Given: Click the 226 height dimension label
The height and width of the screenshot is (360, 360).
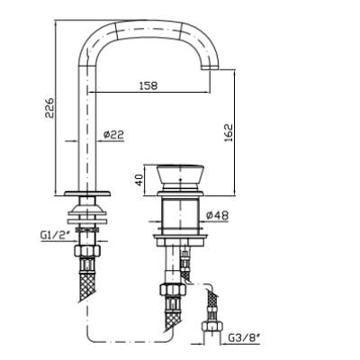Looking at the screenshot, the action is tap(49, 108).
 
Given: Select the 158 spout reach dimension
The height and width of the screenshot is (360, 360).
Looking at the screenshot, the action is tap(148, 85).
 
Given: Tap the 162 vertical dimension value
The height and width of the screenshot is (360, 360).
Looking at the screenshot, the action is tap(229, 133).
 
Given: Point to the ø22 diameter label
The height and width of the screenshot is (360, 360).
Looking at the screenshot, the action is tap(113, 135).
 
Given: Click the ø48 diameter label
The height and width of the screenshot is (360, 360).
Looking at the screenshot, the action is tap(218, 215).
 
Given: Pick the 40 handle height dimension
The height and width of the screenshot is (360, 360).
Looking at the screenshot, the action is tap(139, 180).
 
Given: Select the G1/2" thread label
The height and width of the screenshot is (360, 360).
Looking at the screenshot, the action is tap(55, 235).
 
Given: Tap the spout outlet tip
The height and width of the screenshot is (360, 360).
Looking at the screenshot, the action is tap(210, 68).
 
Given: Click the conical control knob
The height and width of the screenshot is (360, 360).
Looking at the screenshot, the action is tap(180, 175).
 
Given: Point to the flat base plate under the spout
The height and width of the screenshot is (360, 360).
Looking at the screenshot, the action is tap(87, 193).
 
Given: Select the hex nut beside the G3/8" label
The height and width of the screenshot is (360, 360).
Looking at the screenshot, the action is tap(211, 326).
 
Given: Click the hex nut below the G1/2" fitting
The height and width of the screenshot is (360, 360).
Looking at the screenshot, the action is tap(87, 250).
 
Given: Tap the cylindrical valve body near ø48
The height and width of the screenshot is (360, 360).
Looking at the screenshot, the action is tap(180, 216).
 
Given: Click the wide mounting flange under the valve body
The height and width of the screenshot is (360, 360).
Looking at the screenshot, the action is tap(180, 239).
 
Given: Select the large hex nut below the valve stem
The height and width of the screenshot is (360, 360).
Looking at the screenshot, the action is tap(173, 290).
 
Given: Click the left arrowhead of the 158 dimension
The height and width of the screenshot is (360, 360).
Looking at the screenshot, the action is tap(90, 92).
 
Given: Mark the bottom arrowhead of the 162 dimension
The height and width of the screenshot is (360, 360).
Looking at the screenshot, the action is tap(234, 193).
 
